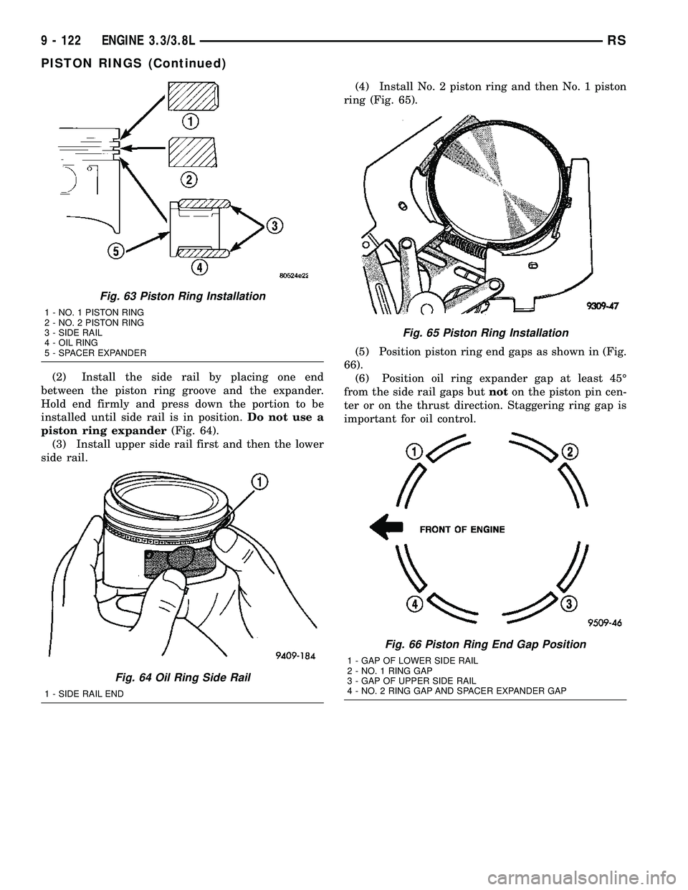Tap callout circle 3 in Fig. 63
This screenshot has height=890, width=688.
(x=273, y=226)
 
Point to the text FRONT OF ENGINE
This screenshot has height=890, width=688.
(x=462, y=530)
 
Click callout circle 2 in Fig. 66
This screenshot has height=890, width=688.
(x=570, y=451)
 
